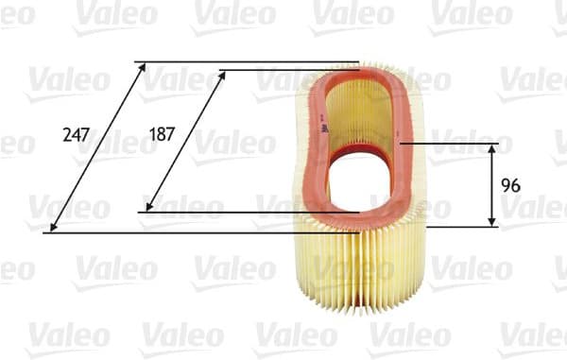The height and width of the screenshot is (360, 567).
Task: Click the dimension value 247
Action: pyautogui.click(x=76, y=134)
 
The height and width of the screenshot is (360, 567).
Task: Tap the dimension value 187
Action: pyautogui.click(x=162, y=134)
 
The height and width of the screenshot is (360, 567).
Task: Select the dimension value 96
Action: pyautogui.click(x=512, y=184)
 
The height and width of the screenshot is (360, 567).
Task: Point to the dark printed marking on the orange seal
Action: pyautogui.click(x=324, y=129)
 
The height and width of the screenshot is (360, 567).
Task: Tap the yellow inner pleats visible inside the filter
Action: pyautogui.click(x=364, y=113)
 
